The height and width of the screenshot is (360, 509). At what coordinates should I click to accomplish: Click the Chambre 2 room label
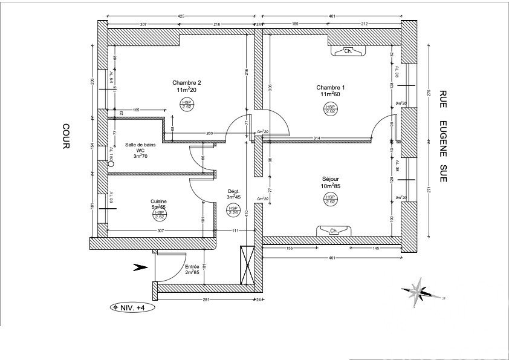point(186,83)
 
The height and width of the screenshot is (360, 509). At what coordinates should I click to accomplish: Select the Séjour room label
point(330,179)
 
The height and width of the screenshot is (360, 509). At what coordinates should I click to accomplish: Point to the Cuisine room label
point(159,201)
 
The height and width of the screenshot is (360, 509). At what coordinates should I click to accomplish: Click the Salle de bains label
point(139,145)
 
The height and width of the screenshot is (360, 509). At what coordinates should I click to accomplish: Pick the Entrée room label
point(192,266)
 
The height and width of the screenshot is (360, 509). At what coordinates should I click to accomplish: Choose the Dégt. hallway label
point(234,189)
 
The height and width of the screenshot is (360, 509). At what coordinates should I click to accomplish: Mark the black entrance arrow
point(140,266)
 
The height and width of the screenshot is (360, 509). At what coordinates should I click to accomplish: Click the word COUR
point(66,137)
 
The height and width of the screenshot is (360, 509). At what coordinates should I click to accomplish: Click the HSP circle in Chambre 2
point(187,105)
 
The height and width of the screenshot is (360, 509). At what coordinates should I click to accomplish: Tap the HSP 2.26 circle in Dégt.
point(233,210)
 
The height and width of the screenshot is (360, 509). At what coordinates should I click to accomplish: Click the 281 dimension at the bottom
point(205,299)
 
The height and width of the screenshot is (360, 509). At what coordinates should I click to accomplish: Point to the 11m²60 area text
point(331,94)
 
